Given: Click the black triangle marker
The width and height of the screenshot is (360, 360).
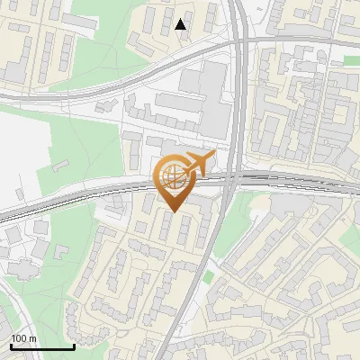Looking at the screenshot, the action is click(181, 25).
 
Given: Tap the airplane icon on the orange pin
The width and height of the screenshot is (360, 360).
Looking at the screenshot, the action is click(197, 164).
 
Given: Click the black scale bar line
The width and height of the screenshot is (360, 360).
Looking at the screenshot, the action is click(42, 347).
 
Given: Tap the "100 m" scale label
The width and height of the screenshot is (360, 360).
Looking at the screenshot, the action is click(24, 338).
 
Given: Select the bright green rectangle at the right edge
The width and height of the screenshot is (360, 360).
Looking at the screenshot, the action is click(352, 61).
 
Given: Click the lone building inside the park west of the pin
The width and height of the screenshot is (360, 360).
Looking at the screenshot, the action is click(61, 166).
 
